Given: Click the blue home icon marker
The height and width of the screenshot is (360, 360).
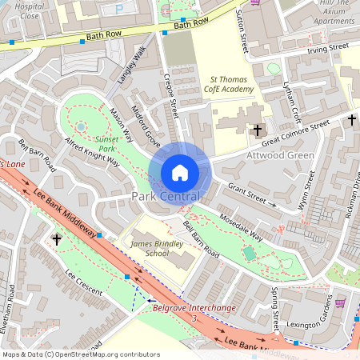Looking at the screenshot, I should (180, 173).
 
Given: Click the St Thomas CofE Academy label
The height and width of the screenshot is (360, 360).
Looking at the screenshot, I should (232, 85).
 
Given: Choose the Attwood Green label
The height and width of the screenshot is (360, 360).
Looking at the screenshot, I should (259, 155).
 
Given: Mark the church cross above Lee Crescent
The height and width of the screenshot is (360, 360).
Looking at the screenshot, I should (57, 238).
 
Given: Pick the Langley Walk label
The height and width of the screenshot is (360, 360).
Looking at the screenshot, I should (129, 66).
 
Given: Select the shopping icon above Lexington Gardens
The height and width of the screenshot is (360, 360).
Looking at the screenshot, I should (339, 302).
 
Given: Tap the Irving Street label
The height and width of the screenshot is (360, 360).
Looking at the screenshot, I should (329, 49).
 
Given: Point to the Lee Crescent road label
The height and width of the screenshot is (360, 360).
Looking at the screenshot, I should (84, 284).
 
